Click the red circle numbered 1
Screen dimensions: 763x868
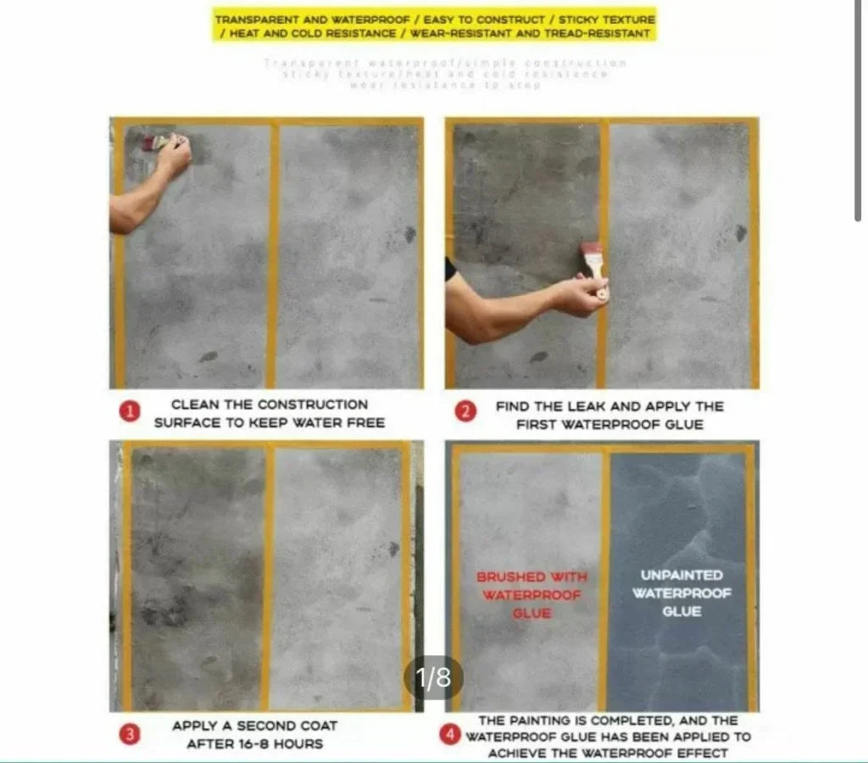(x=130, y=413)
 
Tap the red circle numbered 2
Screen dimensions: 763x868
(x=465, y=414)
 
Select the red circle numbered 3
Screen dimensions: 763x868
(x=129, y=734)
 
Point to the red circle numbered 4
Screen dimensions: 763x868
(x=450, y=735)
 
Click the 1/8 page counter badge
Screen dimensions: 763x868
(x=434, y=677)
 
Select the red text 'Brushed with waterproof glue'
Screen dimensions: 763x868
(x=531, y=594)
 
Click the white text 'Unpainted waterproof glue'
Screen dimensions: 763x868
(x=682, y=593)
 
